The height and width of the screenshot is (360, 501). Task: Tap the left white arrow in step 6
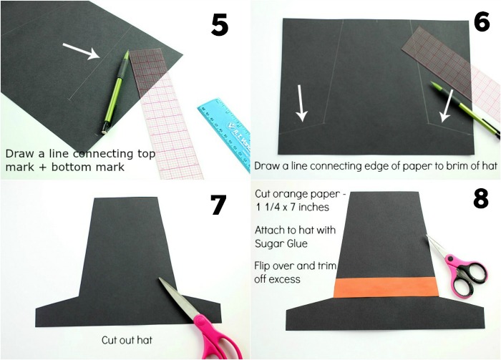pyautogui.click(x=301, y=103)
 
